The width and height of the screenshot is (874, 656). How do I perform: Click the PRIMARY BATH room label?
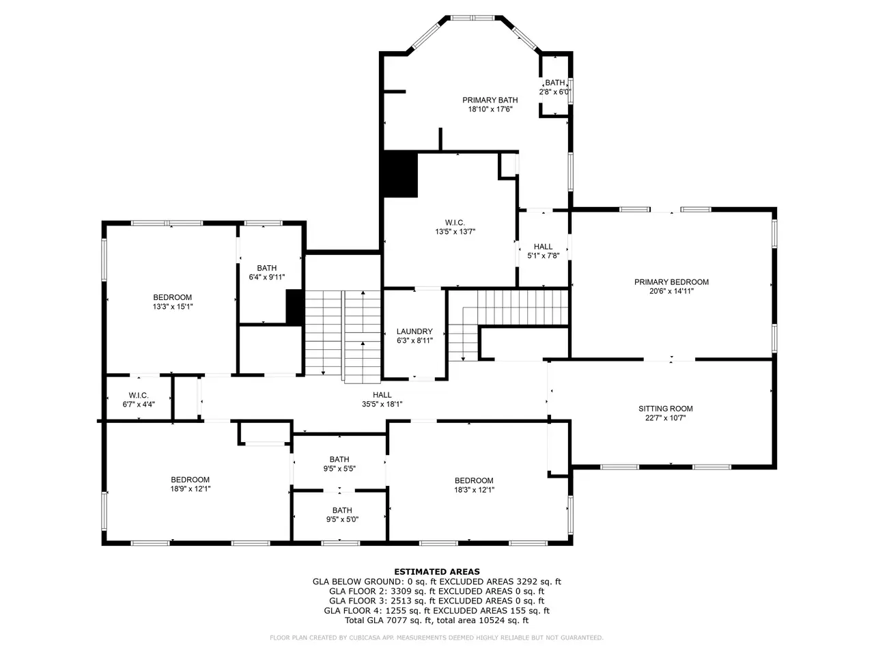coord(490,100)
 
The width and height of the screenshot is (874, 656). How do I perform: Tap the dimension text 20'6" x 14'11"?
coord(671,291)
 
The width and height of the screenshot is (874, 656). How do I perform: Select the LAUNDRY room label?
coord(414,331)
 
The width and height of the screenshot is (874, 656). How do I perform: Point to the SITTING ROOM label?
coord(665,409)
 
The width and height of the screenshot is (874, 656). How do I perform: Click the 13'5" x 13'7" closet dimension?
coord(455,232)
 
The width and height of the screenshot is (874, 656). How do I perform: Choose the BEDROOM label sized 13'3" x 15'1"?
coord(173,297)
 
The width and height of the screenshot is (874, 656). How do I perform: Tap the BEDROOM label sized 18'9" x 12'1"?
coord(190,480)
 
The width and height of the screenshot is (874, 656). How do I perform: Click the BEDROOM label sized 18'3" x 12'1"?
coord(474,481)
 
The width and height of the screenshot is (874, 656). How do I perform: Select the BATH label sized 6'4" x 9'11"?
coord(267,268)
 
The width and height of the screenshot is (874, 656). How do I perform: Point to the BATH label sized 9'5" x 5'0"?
coord(342,510)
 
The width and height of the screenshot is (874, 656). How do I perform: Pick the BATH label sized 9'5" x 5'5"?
coord(339,459)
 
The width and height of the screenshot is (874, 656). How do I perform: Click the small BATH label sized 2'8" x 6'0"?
coord(554,83)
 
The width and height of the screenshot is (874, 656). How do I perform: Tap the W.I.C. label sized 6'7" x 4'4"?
coord(139,396)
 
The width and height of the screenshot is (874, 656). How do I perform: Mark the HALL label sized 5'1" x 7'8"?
coord(543,247)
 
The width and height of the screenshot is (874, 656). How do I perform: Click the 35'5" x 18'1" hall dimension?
coord(382,405)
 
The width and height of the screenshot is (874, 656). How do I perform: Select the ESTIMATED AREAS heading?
coord(437,571)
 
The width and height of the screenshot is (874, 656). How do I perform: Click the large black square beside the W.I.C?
coord(400,174)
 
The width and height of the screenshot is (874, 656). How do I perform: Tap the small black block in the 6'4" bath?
coord(295,307)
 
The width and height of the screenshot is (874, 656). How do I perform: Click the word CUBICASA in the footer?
coord(364,638)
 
